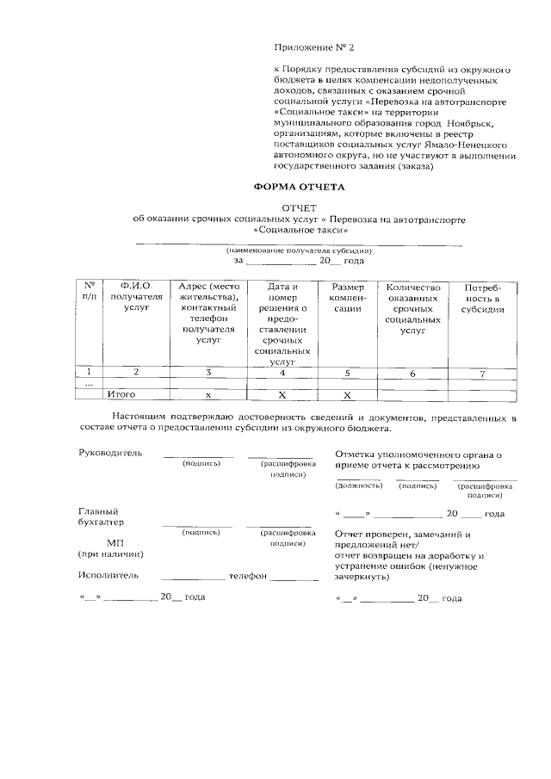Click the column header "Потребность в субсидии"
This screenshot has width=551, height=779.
point(482,297)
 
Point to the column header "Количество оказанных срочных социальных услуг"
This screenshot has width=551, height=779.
point(413,307)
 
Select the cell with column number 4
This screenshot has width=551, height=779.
point(282,373)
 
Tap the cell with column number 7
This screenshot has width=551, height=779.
point(483,373)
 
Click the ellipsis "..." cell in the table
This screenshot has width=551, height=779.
point(89,383)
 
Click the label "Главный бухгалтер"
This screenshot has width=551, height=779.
point(100,516)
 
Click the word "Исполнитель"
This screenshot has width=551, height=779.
point(108,575)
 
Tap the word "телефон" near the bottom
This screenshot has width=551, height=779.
point(248,575)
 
